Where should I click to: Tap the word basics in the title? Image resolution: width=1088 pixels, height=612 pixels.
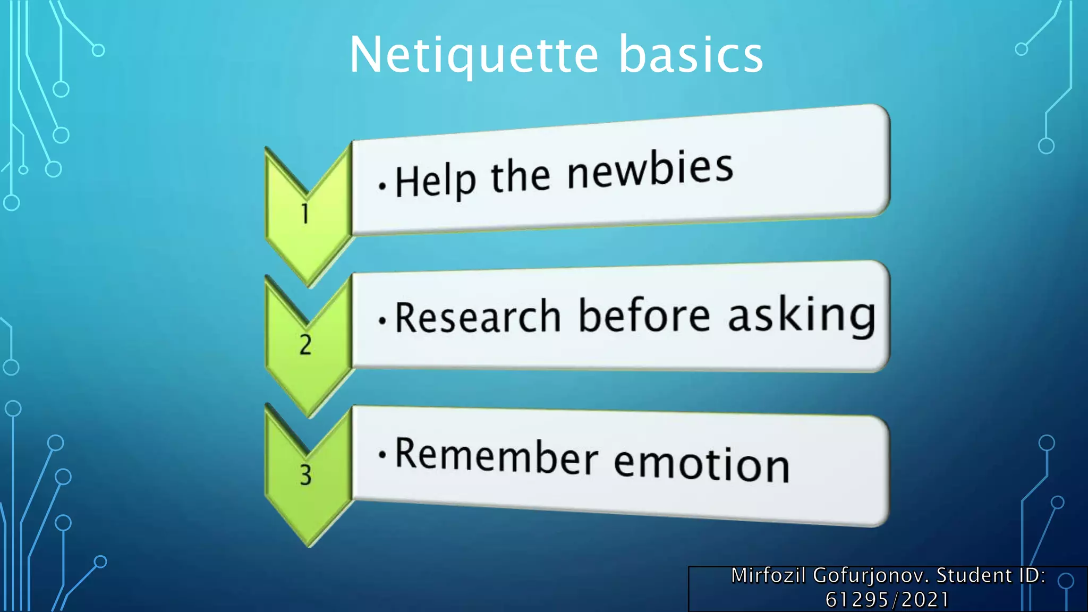(x=691, y=55)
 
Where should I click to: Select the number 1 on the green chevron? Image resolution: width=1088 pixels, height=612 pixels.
(x=305, y=214)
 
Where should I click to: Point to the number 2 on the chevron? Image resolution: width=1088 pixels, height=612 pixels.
(x=305, y=345)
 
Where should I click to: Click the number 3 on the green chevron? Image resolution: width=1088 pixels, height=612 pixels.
(x=305, y=474)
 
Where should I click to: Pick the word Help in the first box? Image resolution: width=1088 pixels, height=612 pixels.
(x=435, y=181)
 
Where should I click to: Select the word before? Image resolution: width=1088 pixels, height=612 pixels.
(x=644, y=315)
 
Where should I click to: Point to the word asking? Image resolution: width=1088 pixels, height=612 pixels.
(x=801, y=315)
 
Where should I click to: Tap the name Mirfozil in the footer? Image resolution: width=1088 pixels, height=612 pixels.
(x=768, y=575)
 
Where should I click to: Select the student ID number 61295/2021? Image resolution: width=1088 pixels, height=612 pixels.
(x=887, y=600)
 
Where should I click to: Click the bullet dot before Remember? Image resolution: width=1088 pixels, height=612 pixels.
(x=382, y=454)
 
